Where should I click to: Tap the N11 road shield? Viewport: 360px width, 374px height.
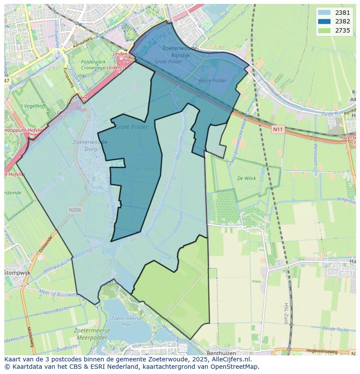pos(278,129)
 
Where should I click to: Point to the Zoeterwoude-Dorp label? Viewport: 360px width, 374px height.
pos(91,145)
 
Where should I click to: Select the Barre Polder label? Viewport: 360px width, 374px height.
pos(213,80)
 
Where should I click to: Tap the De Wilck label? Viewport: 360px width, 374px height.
pos(247,178)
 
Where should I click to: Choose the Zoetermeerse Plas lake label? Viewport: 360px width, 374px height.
pos(121,321)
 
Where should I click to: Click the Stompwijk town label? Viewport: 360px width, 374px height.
pos(16,273)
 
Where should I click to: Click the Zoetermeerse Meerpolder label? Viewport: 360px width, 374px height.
pos(93,334)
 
